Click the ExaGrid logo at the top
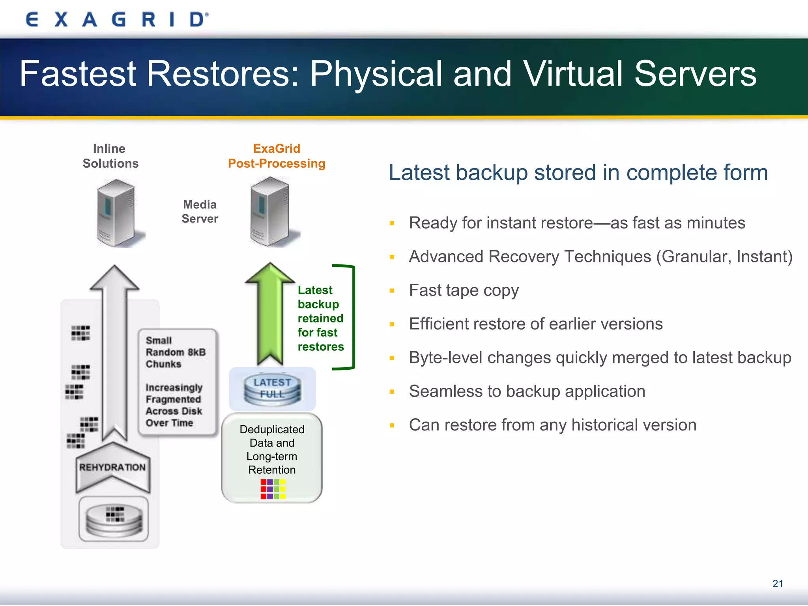117,19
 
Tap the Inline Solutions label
110,156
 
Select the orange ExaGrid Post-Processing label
277,156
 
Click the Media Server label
200,212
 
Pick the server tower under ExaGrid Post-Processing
271,212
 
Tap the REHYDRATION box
112,468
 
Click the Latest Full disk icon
272,389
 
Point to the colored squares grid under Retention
273,489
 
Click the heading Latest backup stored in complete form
578,173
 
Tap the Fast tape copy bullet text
464,290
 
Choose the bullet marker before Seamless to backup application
392,392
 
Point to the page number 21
778,584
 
